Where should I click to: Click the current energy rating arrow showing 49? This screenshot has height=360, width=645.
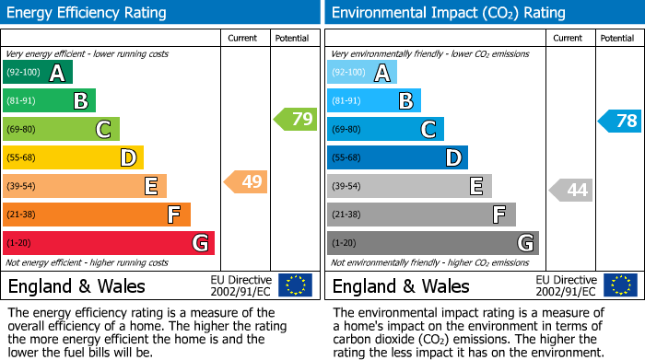coord(247,182)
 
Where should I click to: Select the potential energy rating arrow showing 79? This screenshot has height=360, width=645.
coord(296,119)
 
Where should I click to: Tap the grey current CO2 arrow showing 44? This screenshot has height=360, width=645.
coord(571,191)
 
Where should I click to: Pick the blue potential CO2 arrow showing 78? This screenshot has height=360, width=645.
coord(620,121)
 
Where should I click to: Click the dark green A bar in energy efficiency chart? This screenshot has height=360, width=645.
coord(38,73)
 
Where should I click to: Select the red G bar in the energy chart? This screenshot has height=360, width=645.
coord(109,243)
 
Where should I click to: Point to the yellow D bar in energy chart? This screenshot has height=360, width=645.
coord(73,158)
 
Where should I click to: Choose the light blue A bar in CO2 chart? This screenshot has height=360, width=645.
coord(362,73)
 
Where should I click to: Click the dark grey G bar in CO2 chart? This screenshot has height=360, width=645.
coord(432,243)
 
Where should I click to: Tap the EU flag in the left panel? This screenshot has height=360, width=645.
coord(295,285)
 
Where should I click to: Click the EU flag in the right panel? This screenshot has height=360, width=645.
coord(619,285)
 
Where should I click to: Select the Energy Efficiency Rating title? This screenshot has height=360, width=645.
coord(88,13)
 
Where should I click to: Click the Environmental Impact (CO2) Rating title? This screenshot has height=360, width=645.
coord(448,13)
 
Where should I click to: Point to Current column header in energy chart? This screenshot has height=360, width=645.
coord(244,38)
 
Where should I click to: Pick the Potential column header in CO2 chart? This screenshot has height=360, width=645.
coord(616,38)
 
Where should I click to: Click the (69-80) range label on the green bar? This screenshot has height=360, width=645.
coord(23,130)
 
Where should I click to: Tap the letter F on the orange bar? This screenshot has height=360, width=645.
coord(173,215)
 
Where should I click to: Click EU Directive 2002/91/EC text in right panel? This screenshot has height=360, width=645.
coord(566,285)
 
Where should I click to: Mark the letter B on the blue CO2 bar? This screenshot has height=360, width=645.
coord(405,101)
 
